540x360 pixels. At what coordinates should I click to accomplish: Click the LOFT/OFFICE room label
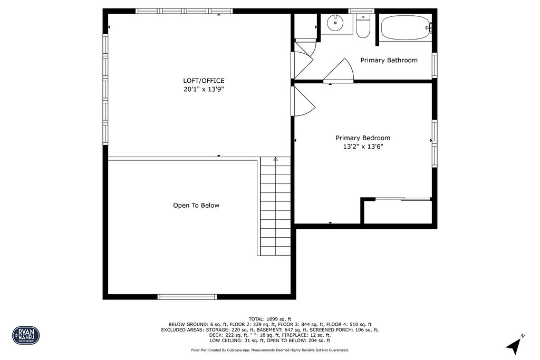coord(204,81)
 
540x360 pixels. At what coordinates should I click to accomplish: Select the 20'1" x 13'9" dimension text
coord(204,90)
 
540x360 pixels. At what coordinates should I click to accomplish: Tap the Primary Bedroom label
coord(363,138)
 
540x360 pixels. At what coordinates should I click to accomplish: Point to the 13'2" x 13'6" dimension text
coord(363,147)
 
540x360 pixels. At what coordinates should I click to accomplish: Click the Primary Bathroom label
coord(389,60)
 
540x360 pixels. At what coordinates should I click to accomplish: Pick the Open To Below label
coord(196,206)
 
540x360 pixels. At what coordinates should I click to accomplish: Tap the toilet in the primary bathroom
coord(363,26)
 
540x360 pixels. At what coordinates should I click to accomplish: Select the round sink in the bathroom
coord(335,24)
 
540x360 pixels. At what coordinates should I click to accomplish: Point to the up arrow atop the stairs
coord(275,159)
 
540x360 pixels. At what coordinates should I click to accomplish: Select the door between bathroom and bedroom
coord(339,71)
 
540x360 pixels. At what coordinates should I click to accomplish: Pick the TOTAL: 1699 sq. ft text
coord(270,319)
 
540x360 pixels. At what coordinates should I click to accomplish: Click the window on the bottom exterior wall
coord(188,297)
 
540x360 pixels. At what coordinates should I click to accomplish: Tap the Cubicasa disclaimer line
coord(270,350)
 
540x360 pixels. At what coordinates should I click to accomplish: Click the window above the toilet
coord(362,11)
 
